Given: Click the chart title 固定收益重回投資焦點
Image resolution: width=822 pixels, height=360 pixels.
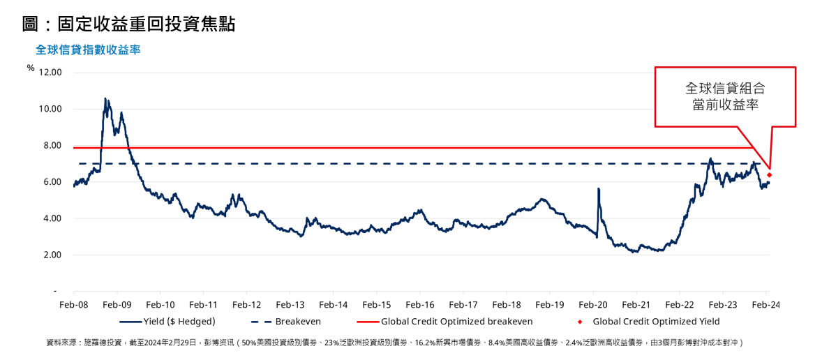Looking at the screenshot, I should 128,24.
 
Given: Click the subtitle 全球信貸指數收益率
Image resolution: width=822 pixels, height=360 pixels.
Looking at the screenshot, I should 88,50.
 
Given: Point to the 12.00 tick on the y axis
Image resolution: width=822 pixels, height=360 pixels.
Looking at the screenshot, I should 51,73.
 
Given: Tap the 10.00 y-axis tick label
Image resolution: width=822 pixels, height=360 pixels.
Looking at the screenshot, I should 51,109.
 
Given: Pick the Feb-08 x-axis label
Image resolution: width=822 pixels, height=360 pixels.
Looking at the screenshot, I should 73,305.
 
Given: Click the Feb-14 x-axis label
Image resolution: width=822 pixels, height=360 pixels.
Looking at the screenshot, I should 333,305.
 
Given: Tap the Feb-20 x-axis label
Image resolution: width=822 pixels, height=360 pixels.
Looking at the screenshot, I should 592,305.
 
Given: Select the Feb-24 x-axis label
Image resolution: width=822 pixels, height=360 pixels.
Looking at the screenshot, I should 765,305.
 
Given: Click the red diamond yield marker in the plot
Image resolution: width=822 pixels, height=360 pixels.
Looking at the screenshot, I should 769,174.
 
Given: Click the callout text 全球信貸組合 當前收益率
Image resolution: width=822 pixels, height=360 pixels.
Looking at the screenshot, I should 725,97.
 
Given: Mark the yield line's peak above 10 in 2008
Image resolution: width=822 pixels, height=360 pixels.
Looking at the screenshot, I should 105,99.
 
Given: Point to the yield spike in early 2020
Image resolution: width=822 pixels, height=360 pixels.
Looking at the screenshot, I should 598,189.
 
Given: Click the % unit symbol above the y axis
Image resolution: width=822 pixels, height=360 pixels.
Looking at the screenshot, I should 31,68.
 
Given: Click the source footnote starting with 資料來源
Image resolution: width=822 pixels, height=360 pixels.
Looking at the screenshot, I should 395,343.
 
